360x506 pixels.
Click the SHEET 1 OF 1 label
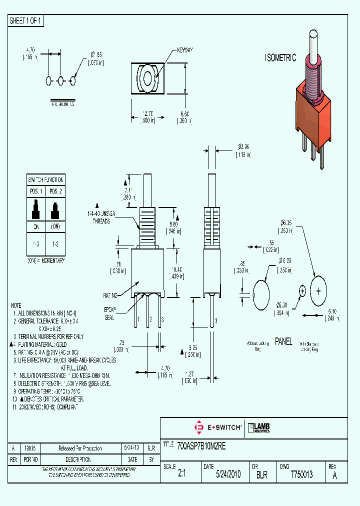click(26, 21)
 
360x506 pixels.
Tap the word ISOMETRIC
click(280, 58)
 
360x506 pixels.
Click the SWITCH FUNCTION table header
click(45, 179)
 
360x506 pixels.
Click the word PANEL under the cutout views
click(283, 342)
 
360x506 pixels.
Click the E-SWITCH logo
click(218, 427)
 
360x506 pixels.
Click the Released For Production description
click(80, 448)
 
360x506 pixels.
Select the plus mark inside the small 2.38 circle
click(302, 290)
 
